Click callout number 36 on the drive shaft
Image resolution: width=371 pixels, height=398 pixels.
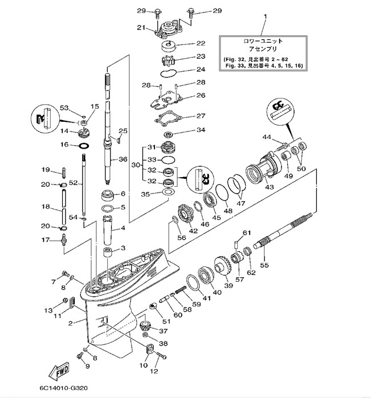123,160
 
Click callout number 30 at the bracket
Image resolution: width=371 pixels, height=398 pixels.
135,165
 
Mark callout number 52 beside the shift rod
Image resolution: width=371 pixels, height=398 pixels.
72,183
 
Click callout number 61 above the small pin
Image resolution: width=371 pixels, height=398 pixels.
247,232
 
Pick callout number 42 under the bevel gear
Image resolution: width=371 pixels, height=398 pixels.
193,231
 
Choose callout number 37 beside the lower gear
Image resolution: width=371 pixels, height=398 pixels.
164,331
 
